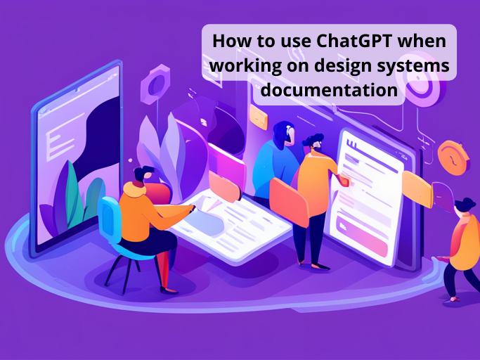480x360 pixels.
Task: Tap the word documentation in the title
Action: point(329,91)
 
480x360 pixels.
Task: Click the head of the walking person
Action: point(464,206)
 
